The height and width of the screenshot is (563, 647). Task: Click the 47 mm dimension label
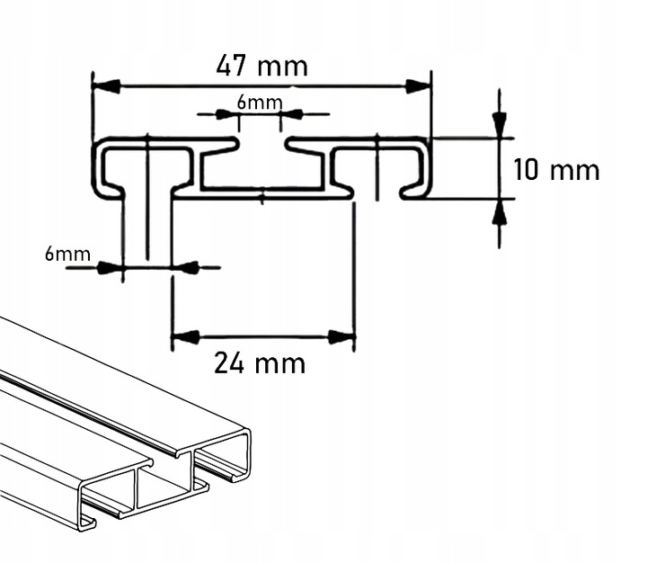tap(261, 66)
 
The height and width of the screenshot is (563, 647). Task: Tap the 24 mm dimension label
tap(260, 363)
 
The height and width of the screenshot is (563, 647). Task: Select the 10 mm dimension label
tap(556, 170)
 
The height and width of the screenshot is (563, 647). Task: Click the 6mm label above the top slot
tap(259, 102)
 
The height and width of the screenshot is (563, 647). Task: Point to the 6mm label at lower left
tap(67, 254)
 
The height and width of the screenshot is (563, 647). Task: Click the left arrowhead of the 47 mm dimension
tap(106, 86)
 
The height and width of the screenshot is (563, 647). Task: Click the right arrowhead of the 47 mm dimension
tap(418, 86)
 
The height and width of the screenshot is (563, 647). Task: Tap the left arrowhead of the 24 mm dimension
tap(184, 337)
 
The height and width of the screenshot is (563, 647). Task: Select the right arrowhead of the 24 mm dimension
tap(341, 337)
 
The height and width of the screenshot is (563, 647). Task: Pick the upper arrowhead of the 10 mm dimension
tap(500, 125)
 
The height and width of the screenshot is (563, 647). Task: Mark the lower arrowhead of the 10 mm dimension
tap(500, 211)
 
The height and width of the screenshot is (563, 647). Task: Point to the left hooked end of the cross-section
tap(106, 171)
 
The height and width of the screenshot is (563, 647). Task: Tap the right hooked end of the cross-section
tap(418, 171)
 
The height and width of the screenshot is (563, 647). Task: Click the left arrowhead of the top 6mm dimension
tap(229, 114)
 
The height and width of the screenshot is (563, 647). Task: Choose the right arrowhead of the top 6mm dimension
tap(293, 114)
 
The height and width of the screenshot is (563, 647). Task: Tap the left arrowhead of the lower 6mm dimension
tap(110, 267)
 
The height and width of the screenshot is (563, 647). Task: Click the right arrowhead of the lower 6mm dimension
tap(185, 267)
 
